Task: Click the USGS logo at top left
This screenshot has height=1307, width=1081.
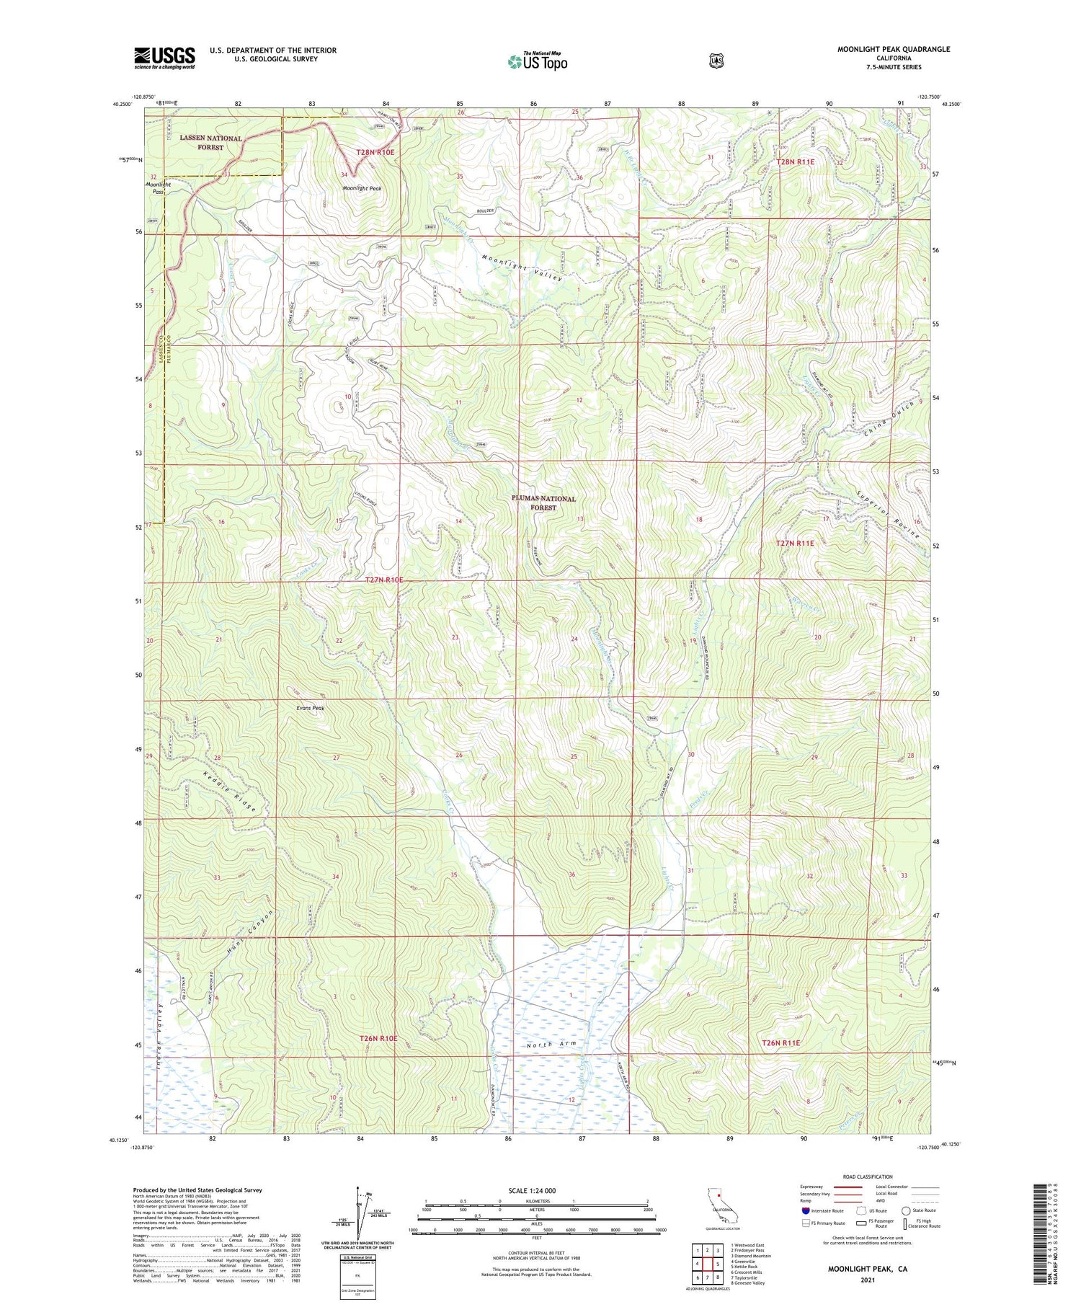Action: [164, 58]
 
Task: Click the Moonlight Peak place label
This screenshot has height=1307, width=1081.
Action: [362, 188]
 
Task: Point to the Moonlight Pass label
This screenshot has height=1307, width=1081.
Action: [156, 188]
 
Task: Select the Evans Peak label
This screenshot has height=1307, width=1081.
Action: [310, 708]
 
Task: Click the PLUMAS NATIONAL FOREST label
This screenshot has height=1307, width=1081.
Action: [543, 502]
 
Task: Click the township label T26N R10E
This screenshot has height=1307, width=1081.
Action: [378, 1038]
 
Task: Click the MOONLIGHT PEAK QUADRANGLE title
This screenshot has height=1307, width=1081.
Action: [893, 49]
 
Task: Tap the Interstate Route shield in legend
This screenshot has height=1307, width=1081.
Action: [806, 1210]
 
